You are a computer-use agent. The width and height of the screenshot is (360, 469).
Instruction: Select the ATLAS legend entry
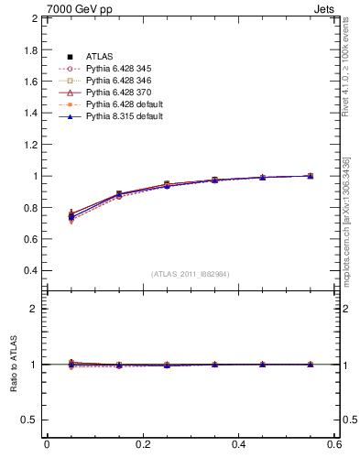click(x=99, y=57)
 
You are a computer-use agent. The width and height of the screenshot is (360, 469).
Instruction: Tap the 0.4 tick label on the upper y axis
click(x=30, y=271)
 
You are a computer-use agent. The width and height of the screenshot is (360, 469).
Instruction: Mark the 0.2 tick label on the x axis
click(x=142, y=444)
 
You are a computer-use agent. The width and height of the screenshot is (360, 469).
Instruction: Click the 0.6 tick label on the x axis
click(x=334, y=444)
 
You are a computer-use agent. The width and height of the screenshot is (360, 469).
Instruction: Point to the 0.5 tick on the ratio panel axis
click(x=30, y=420)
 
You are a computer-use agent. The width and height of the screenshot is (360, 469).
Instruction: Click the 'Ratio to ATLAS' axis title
click(x=13, y=365)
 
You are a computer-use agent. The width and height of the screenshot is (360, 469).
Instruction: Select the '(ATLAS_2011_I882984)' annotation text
click(x=191, y=274)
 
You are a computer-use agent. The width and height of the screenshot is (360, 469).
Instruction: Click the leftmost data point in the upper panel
click(x=71, y=216)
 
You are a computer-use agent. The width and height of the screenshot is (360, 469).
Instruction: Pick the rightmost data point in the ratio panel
click(x=311, y=365)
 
